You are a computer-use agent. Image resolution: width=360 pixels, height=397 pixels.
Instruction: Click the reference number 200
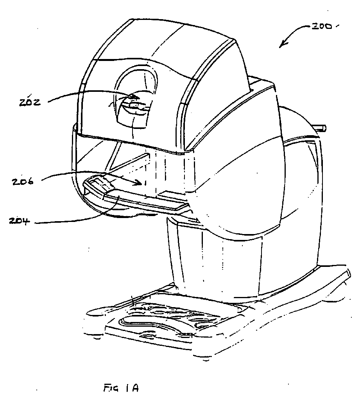[321, 26]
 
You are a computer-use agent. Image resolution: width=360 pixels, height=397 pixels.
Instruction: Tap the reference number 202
[29, 102]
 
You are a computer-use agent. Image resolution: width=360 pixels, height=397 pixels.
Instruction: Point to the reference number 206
[23, 182]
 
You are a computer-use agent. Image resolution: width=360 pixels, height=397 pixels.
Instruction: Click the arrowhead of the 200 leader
[283, 44]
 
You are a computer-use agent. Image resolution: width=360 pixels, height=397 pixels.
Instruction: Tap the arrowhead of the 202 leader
[136, 97]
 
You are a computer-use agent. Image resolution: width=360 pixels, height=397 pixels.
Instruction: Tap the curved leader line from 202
[91, 93]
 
